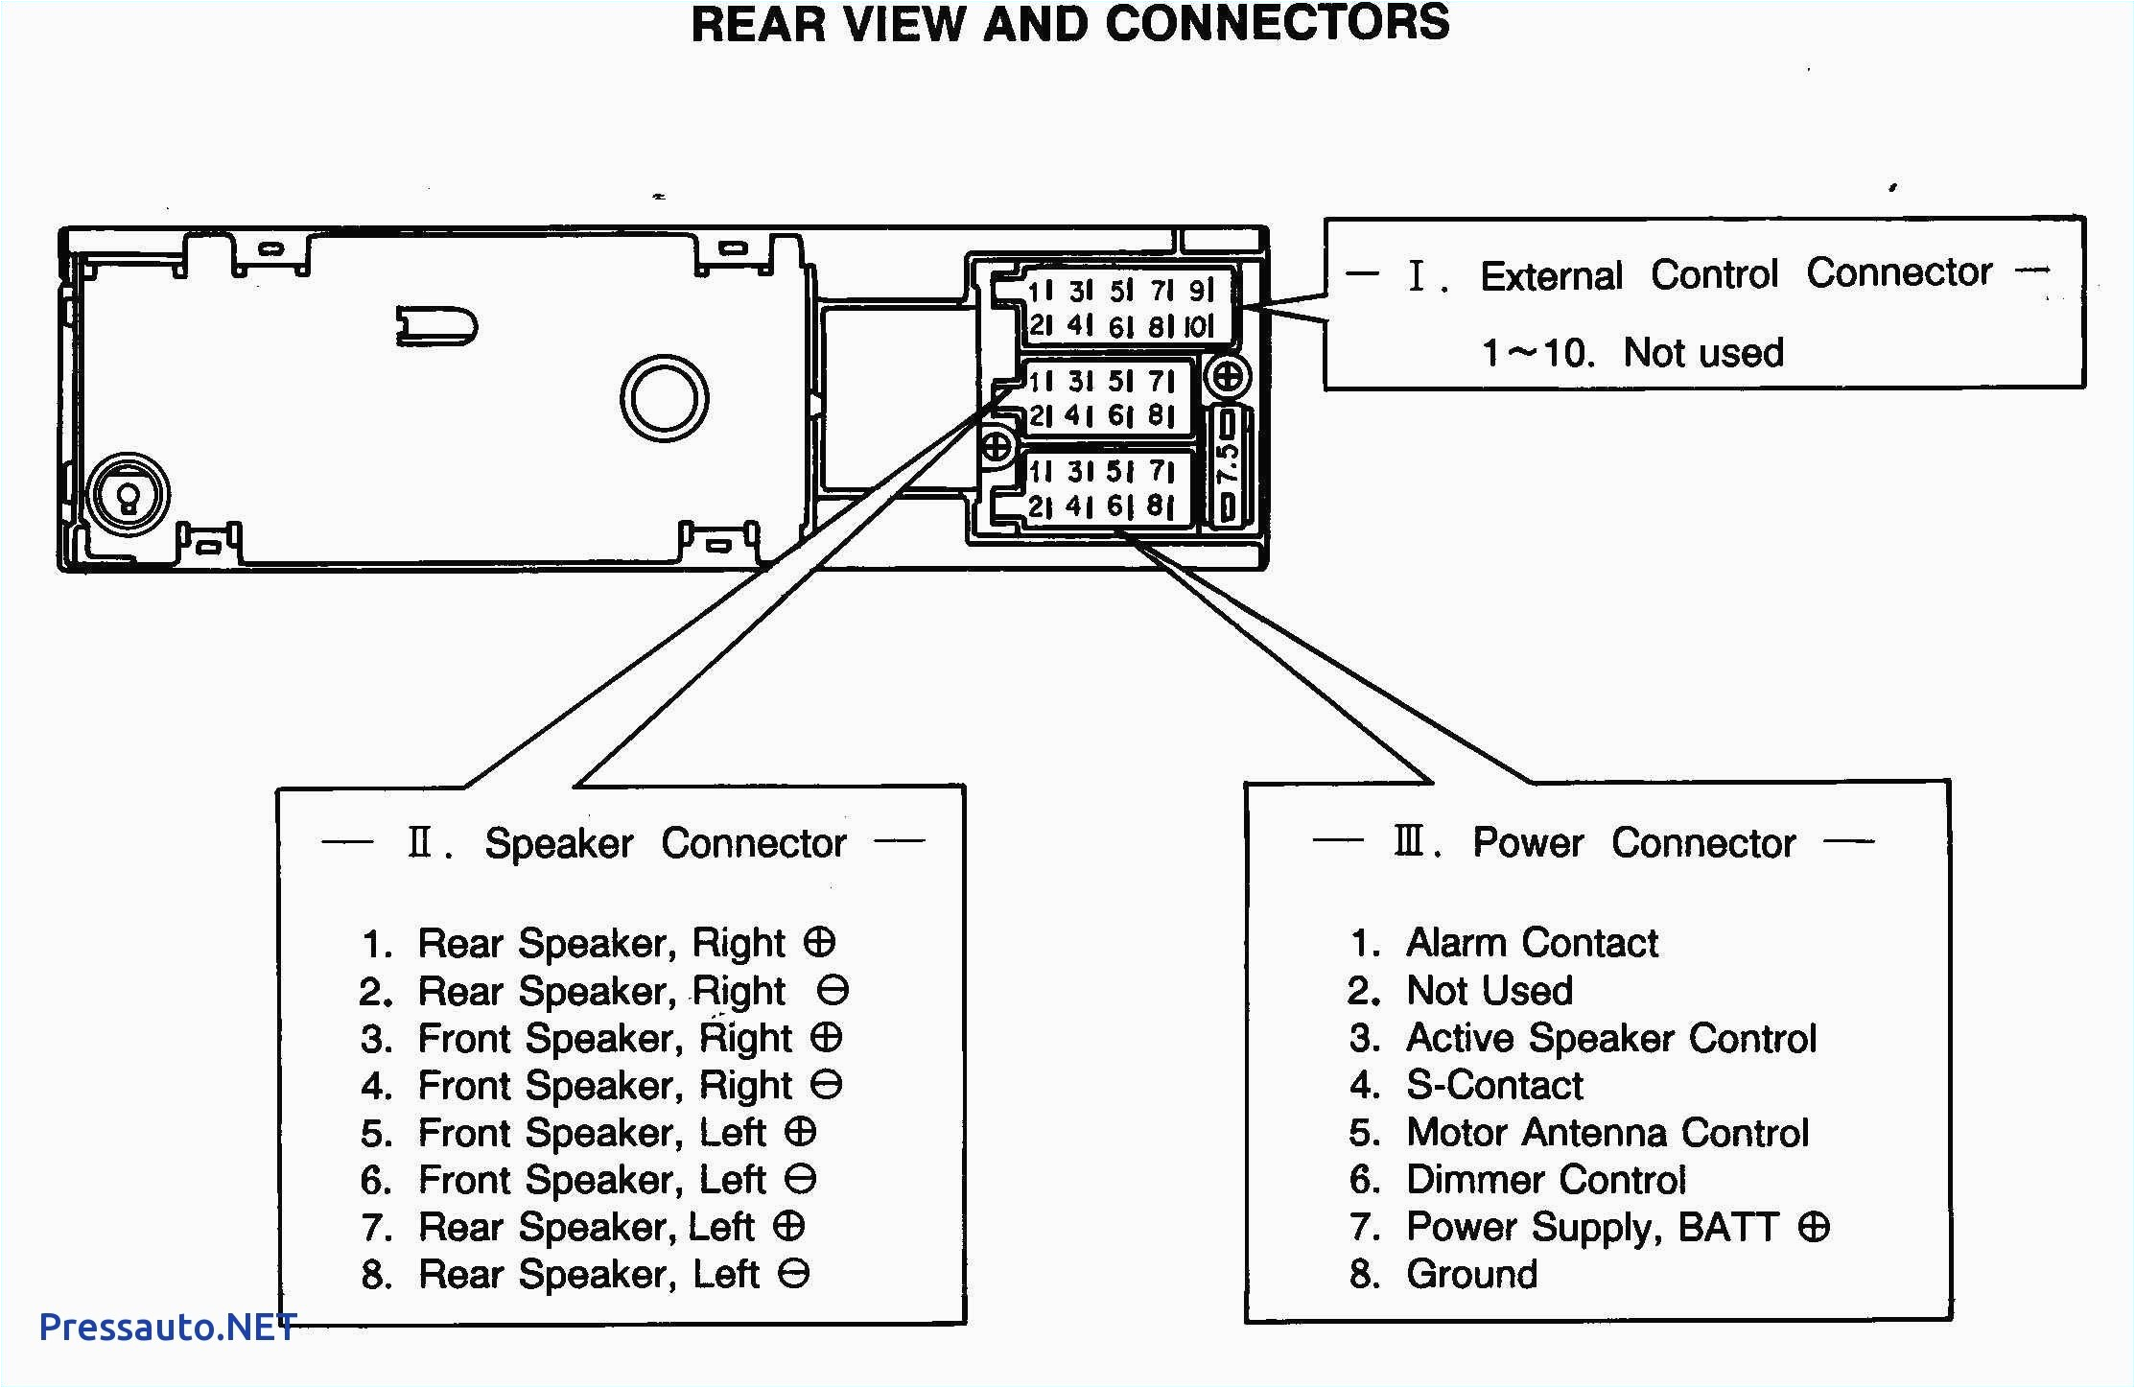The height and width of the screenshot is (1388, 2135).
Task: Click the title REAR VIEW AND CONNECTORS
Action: point(1069,24)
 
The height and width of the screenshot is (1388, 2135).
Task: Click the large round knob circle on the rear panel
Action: point(664,398)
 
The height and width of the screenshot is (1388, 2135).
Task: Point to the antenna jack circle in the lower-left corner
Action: point(128,496)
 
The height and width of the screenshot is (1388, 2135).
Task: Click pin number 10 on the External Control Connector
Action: point(1199,326)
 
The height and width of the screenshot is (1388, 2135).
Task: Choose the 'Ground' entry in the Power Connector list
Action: point(1471,1274)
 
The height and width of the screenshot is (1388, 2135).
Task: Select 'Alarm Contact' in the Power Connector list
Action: point(1531,943)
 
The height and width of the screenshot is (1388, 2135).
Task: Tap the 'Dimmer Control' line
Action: point(1544,1180)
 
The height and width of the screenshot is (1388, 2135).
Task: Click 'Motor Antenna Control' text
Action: point(1607,1133)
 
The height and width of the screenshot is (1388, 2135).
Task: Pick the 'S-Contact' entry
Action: point(1493,1085)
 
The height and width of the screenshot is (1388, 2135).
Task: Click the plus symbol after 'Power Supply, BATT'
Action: point(1814,1226)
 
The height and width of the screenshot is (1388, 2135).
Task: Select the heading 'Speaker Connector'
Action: point(665,843)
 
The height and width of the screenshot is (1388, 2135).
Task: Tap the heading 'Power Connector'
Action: point(1633,842)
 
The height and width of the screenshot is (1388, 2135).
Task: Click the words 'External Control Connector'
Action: point(1736,274)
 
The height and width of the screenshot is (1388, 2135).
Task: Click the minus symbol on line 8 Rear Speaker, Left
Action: point(794,1274)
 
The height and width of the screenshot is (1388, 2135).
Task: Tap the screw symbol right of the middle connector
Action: point(1228,375)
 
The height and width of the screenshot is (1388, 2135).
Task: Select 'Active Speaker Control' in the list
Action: point(1610,1038)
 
